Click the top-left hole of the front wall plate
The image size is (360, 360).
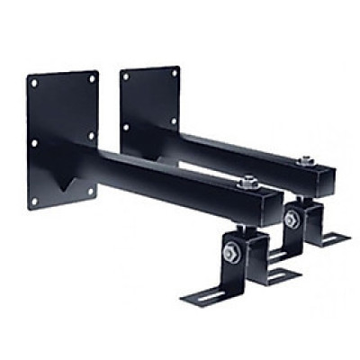point(34,83)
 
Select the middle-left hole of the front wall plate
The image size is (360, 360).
point(33,142)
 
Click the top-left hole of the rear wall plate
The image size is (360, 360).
point(125,76)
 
